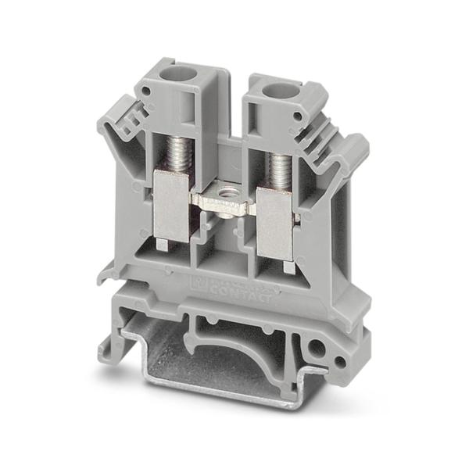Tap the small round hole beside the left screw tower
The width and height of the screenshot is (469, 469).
click(144, 113)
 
